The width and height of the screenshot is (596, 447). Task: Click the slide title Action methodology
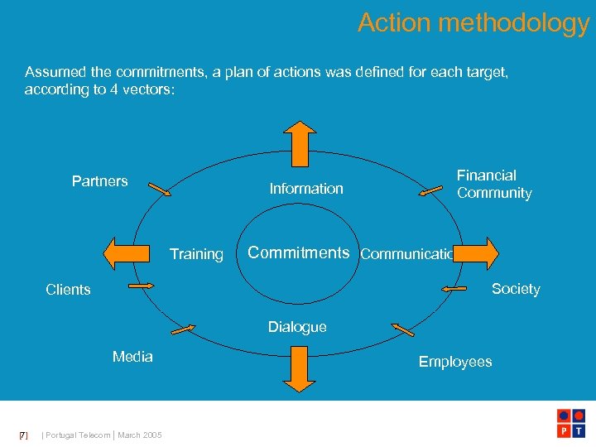(473, 22)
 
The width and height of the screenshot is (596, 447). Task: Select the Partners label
(99, 181)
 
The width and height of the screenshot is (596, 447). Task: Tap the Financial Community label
(494, 184)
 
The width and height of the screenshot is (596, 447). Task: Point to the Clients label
(68, 290)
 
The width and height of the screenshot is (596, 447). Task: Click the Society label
(515, 289)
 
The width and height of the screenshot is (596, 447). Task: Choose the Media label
(132, 357)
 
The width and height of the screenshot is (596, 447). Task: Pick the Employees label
(454, 362)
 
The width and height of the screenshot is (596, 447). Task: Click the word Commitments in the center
(299, 252)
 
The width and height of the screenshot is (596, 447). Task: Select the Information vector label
(306, 189)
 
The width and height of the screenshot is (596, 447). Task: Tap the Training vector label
(196, 254)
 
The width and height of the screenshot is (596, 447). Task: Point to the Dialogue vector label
(297, 327)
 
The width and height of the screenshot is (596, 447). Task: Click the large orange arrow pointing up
(299, 142)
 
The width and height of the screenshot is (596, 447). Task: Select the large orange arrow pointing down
(299, 368)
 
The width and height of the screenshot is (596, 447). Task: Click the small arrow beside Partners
(160, 189)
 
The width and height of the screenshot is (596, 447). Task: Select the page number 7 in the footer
(23, 435)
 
